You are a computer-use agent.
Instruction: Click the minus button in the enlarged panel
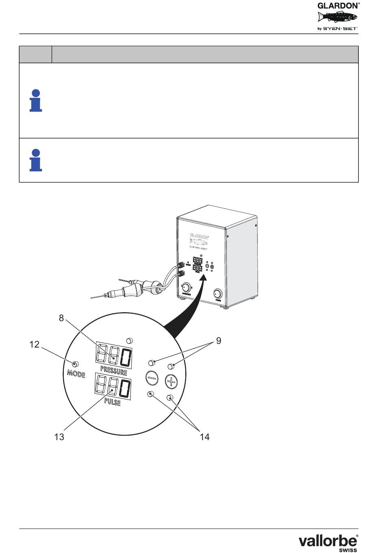[x=152, y=378]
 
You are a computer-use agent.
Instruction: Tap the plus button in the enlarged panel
[x=171, y=381]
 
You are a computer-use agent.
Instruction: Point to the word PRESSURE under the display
[x=114, y=371]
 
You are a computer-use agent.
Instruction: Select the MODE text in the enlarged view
[x=76, y=373]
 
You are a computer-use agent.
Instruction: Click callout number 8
[x=61, y=318]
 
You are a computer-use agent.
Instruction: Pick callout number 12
[x=34, y=344]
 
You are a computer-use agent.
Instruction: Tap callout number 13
[x=59, y=437]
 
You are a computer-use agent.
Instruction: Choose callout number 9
[x=219, y=341]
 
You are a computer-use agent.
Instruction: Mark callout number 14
[x=204, y=437]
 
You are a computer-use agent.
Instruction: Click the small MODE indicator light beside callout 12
[x=75, y=363]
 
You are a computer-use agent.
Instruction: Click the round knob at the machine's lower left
[x=186, y=287]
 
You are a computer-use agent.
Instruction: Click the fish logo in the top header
[x=337, y=17]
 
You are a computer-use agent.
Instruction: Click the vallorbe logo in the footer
[x=328, y=542]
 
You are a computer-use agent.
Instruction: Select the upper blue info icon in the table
[x=36, y=100]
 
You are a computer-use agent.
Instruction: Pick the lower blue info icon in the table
[x=36, y=160]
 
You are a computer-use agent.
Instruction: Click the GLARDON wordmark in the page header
[x=338, y=6]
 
